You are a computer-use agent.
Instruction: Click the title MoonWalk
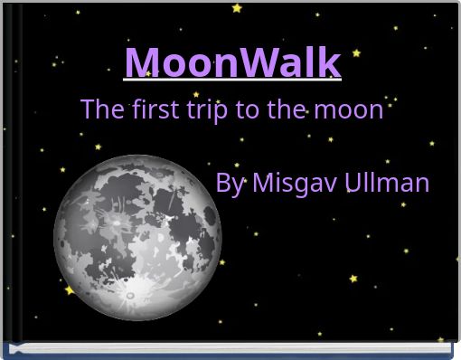(x=232, y=62)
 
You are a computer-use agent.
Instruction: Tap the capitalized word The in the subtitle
(x=100, y=109)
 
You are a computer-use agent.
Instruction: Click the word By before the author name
(x=230, y=184)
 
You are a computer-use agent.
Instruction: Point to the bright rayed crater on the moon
(x=129, y=292)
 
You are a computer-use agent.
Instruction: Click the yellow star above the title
(x=237, y=8)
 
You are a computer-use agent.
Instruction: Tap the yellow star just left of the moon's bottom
(x=70, y=290)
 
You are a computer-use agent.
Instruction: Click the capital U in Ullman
(x=355, y=183)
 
